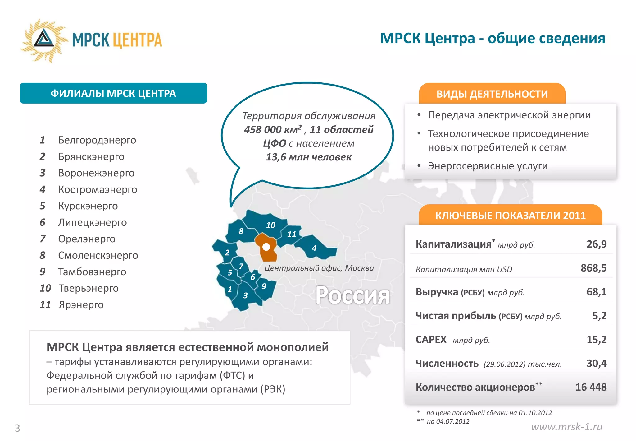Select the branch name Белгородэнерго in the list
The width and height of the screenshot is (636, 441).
[x=97, y=140]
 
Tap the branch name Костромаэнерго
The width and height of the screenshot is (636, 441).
[x=98, y=189]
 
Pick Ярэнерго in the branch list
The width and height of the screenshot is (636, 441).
[x=81, y=305]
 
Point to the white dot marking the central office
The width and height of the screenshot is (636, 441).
[x=266, y=247]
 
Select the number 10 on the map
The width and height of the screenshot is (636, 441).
[x=270, y=225]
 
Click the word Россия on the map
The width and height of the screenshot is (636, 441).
[x=352, y=295]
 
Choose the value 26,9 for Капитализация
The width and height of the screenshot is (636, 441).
[x=596, y=244]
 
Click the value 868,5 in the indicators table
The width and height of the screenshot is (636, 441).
[x=593, y=268]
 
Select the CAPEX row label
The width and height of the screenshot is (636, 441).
[x=431, y=340]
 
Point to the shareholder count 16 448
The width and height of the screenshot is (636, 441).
[x=591, y=387]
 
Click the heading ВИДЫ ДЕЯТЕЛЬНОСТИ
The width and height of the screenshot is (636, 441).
[x=492, y=94]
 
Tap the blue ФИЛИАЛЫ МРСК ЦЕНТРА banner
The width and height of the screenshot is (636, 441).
[x=113, y=93]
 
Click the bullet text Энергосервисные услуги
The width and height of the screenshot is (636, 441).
[x=488, y=166]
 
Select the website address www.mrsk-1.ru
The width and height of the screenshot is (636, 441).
[x=566, y=427]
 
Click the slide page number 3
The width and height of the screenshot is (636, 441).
[x=17, y=428]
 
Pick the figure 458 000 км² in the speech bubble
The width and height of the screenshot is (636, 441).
[x=273, y=129]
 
